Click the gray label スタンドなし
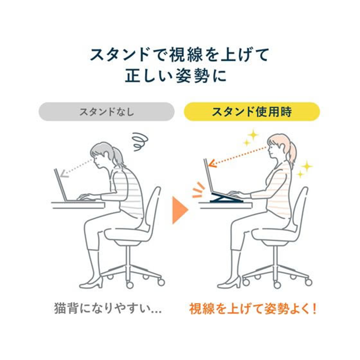click(x=107, y=112)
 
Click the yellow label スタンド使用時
click(x=252, y=112)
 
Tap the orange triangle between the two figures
click(x=180, y=210)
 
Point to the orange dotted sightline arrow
click(x=238, y=157)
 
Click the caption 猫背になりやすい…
click(x=108, y=308)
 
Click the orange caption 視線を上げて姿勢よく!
click(x=253, y=308)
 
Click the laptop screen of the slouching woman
click(x=60, y=184)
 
